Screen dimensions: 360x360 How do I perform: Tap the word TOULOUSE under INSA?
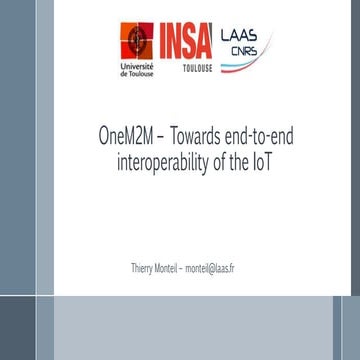(x=196, y=71)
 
